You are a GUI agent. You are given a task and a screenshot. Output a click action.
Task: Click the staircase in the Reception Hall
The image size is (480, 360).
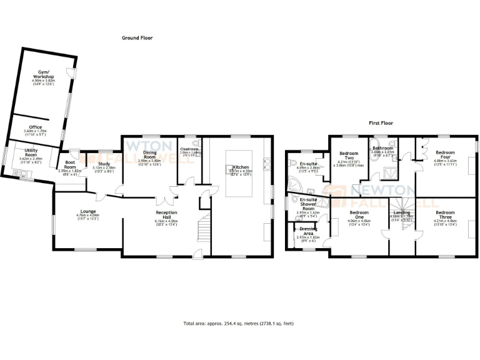204,229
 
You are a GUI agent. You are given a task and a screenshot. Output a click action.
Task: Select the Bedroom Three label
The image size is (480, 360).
446,212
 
